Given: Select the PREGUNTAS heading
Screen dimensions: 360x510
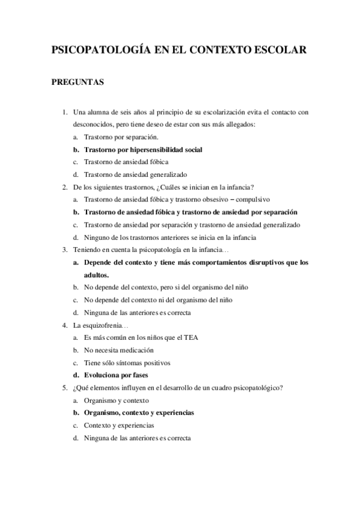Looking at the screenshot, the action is pyautogui.click(x=78, y=83).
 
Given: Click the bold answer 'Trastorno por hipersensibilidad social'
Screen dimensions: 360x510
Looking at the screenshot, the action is pyautogui.click(x=143, y=149).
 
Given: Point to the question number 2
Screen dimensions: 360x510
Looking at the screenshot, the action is pyautogui.click(x=65, y=187).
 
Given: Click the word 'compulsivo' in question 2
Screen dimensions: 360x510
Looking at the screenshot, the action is pyautogui.click(x=252, y=200).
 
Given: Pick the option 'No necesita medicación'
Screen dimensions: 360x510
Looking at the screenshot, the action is pyautogui.click(x=119, y=350).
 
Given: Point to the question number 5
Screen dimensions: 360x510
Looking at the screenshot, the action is pyautogui.click(x=65, y=388).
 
